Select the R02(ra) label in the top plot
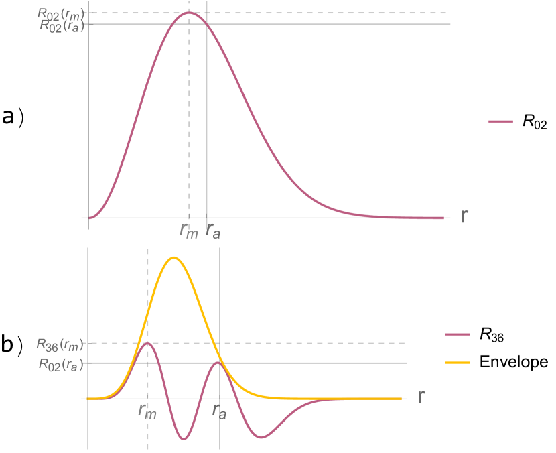[62, 25]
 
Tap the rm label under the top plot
[189, 231]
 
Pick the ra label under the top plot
[212, 231]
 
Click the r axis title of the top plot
[464, 216]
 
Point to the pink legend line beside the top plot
[500, 122]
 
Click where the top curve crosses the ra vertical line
[206, 25]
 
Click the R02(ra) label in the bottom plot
[60, 364]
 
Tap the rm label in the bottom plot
[147, 411]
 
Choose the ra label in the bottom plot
[219, 411]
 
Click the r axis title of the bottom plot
[421, 397]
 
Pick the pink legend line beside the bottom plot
[458, 334]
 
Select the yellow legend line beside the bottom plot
[458, 363]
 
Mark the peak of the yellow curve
[174, 257]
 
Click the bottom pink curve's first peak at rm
[147, 343]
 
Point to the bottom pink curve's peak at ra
[218, 363]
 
